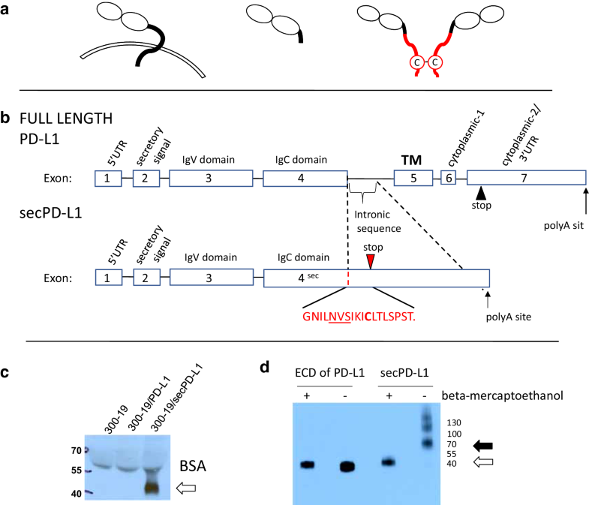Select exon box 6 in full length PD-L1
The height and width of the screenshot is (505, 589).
(x=448, y=179)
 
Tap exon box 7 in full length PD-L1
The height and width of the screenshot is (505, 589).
(x=526, y=179)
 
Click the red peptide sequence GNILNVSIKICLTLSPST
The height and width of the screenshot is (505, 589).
(x=359, y=317)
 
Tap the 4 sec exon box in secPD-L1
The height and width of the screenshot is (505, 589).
(x=305, y=278)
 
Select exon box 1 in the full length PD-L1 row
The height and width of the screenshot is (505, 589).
(x=107, y=179)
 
